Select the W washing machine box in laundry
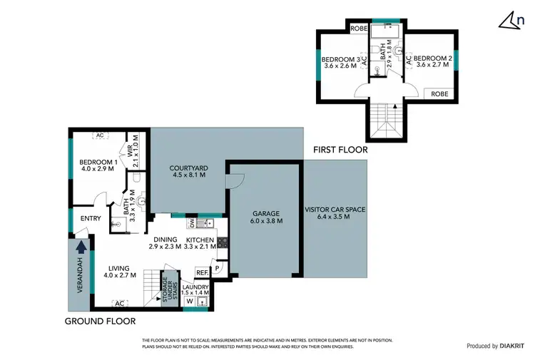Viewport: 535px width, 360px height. (189, 302)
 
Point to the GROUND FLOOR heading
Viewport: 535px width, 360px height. (100, 322)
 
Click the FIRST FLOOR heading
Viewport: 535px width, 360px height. (340, 150)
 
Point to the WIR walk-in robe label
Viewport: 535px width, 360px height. (131, 152)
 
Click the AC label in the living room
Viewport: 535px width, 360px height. (119, 302)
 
